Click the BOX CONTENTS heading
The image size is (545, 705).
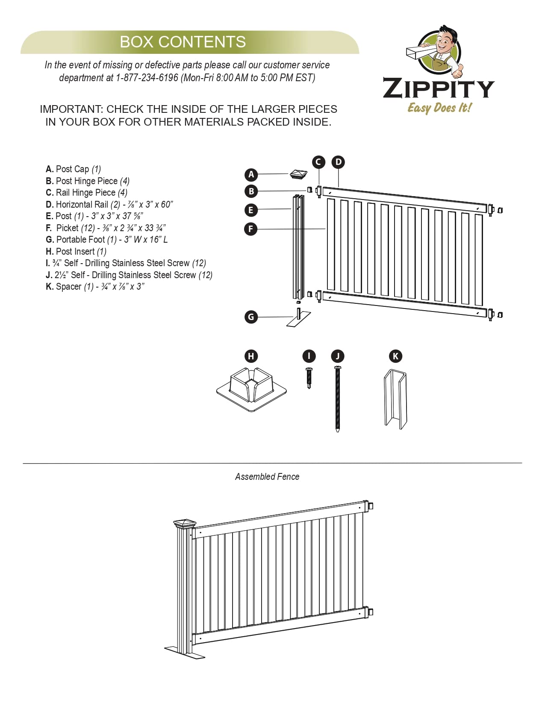[183, 42]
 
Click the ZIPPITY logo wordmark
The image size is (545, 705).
[439, 88]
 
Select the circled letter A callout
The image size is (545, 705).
[251, 174]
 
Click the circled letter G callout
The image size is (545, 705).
[251, 317]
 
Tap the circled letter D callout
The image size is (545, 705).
[338, 162]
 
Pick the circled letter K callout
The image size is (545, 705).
[395, 356]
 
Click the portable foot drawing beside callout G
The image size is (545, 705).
[298, 319]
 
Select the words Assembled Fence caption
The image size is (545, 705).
[267, 477]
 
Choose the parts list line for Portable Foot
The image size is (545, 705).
[107, 240]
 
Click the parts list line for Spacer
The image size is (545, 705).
[95, 287]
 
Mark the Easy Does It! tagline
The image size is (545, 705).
[439, 108]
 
